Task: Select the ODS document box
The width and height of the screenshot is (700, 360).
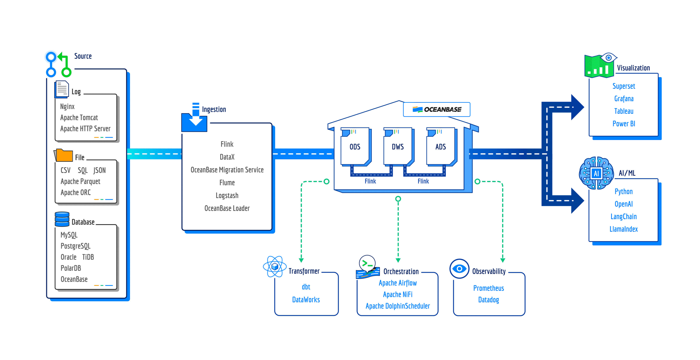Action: point(355,147)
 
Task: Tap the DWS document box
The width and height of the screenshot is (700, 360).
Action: point(398,147)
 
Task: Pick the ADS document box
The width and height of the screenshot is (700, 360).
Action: point(440,147)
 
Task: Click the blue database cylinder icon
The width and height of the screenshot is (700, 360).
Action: point(62,219)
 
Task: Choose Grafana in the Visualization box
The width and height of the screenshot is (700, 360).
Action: point(624,99)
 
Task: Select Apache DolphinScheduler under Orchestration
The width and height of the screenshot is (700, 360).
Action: point(398,306)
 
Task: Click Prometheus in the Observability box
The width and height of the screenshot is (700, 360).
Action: point(488,288)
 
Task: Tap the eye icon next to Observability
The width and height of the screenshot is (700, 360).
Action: point(459,269)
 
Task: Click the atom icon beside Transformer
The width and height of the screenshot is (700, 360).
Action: point(275,267)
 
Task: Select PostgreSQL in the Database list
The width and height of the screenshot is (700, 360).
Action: point(75,246)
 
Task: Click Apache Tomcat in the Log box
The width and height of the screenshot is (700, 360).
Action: point(79,118)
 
